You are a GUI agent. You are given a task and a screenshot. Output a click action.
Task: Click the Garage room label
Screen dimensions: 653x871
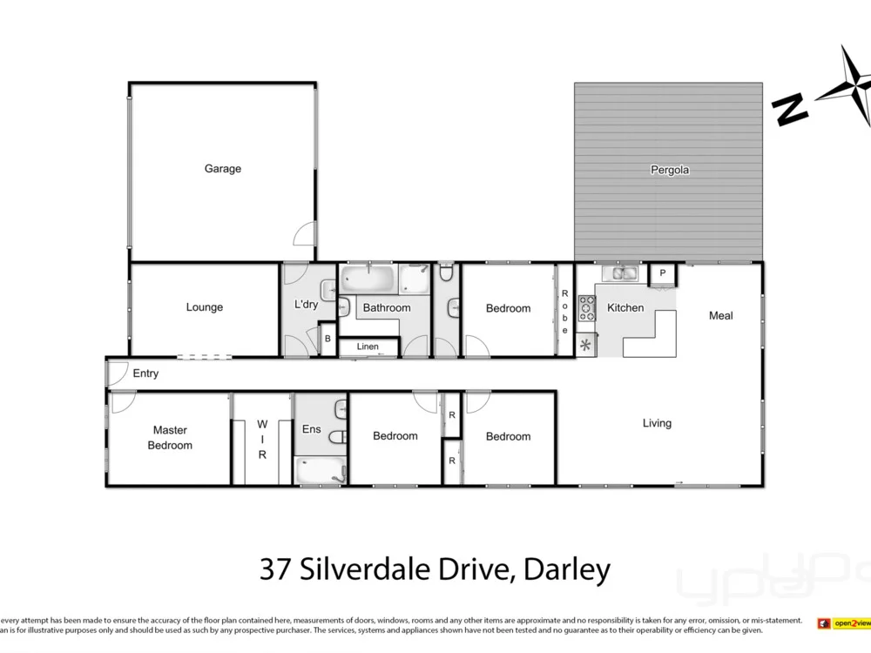(223, 169)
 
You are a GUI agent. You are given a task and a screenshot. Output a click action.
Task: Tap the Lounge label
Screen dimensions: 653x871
(205, 307)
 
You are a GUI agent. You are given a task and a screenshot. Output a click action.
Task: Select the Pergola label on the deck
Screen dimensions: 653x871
(670, 171)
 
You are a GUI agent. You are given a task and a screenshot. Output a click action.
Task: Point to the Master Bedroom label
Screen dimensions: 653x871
(170, 437)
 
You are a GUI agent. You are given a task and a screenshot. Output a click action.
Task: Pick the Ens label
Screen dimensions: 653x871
(311, 429)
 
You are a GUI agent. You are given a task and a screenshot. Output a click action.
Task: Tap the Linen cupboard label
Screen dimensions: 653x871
(368, 347)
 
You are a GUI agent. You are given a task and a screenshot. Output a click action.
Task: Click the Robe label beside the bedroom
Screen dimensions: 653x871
(564, 312)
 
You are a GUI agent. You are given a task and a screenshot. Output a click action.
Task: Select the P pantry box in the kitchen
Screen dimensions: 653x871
(663, 273)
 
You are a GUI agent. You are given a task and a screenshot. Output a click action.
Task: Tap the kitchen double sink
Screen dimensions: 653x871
(624, 273)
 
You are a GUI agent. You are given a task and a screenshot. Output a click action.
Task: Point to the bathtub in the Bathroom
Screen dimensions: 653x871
(368, 279)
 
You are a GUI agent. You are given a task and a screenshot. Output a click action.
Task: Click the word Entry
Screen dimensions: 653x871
(145, 374)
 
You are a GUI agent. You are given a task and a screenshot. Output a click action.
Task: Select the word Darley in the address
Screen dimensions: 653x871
(566, 570)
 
